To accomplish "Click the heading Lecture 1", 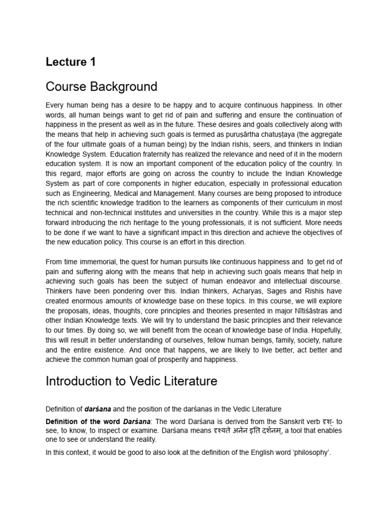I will (70, 62).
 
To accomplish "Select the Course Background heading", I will (102, 87).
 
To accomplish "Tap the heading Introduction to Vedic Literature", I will (131, 381).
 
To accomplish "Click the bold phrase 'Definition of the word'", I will (83, 421).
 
